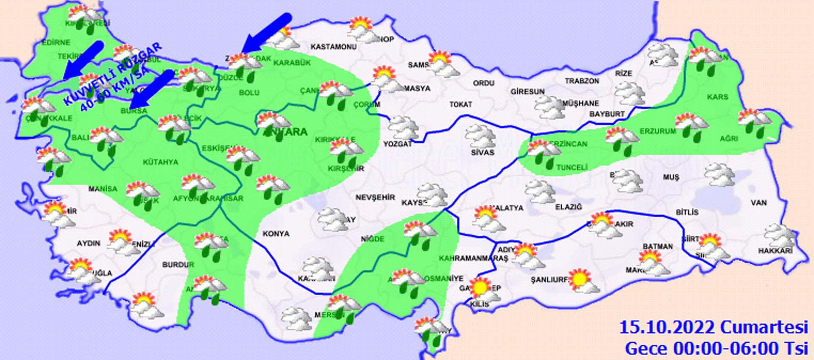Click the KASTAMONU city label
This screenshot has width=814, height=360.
click(333, 47)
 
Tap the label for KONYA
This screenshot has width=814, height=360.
click(276, 234)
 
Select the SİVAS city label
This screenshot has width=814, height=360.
click(482, 152)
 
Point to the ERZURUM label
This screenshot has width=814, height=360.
click(658, 131)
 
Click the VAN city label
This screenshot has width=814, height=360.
click(758, 203)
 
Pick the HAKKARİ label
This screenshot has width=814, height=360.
click(775, 251)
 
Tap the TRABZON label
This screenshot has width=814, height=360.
click(582, 81)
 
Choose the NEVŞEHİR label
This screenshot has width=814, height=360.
click(375, 197)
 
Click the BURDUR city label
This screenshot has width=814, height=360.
click(178, 265)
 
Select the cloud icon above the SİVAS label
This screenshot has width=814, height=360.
click(480, 136)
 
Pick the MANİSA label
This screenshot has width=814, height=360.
click(103, 189)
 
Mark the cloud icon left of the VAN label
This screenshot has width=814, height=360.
click(719, 175)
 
